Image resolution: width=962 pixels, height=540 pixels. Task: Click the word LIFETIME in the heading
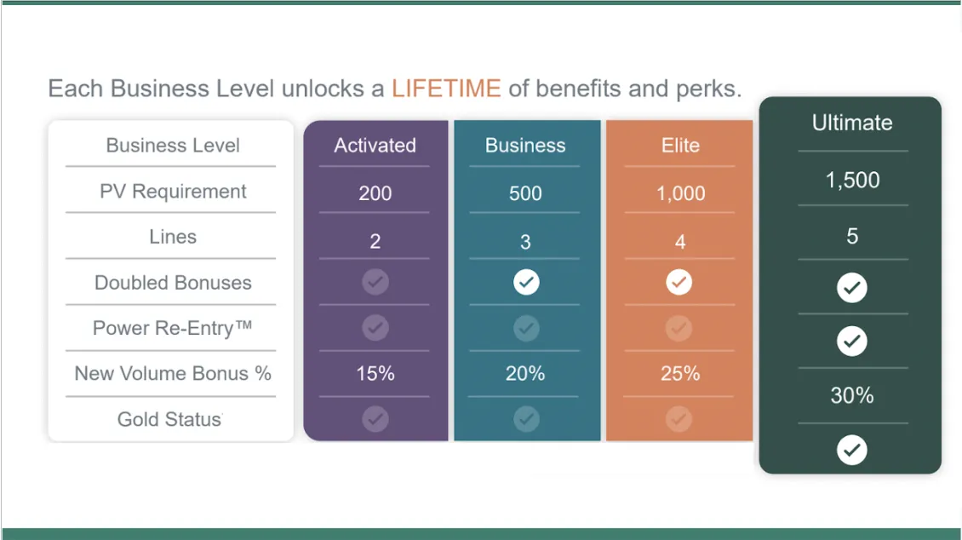[x=446, y=89]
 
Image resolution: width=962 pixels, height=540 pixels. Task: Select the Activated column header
[x=375, y=146]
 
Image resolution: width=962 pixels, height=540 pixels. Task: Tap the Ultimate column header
[x=852, y=123]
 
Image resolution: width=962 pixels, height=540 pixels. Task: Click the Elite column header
[x=680, y=146]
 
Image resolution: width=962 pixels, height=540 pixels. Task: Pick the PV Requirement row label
[x=173, y=192]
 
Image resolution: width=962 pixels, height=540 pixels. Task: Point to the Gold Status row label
[x=169, y=419]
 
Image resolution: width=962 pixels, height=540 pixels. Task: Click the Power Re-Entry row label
[x=173, y=328]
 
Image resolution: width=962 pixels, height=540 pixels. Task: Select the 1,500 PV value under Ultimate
[x=852, y=180]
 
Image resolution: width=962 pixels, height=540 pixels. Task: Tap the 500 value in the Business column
[x=525, y=193]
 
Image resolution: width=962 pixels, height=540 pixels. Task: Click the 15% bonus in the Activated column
[x=375, y=373]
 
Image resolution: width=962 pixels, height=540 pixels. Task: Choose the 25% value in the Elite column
[x=679, y=373]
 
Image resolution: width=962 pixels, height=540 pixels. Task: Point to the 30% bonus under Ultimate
[x=852, y=395]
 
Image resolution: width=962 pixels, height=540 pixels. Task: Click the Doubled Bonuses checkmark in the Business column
[x=526, y=282]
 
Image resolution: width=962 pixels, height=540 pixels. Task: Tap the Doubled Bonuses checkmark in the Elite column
[x=679, y=282]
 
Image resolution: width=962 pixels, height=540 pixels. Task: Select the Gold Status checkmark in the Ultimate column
[x=852, y=450]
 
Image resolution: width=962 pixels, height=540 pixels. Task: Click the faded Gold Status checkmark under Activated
[x=375, y=419]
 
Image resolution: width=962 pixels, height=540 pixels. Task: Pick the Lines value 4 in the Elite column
[x=679, y=242]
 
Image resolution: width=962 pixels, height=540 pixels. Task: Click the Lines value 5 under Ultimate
[x=852, y=236]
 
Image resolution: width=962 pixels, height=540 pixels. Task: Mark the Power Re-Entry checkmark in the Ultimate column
[x=852, y=342]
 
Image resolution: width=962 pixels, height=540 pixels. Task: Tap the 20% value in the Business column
[x=525, y=373]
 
